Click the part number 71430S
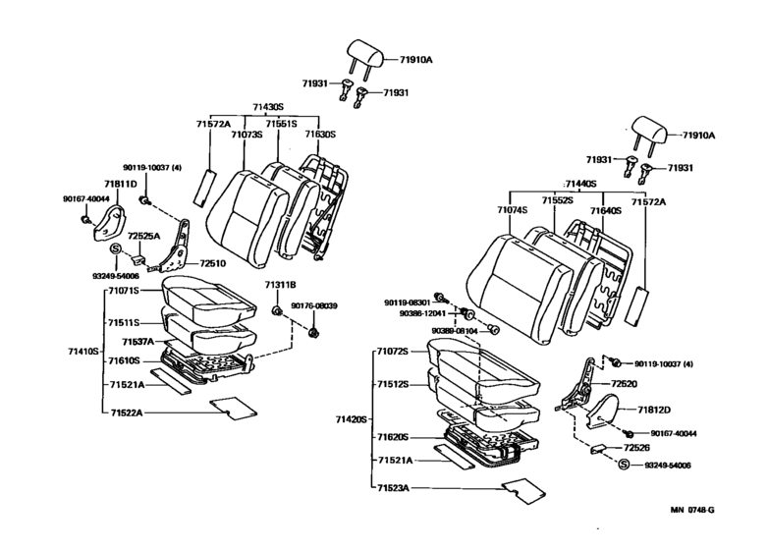268,106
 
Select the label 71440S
581,184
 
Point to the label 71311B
280,285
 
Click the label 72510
213,263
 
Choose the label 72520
625,384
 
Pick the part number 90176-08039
313,306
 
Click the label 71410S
83,351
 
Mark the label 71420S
350,418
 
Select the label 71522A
127,412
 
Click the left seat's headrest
364,55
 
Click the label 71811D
122,184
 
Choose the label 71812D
654,410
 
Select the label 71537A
137,342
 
